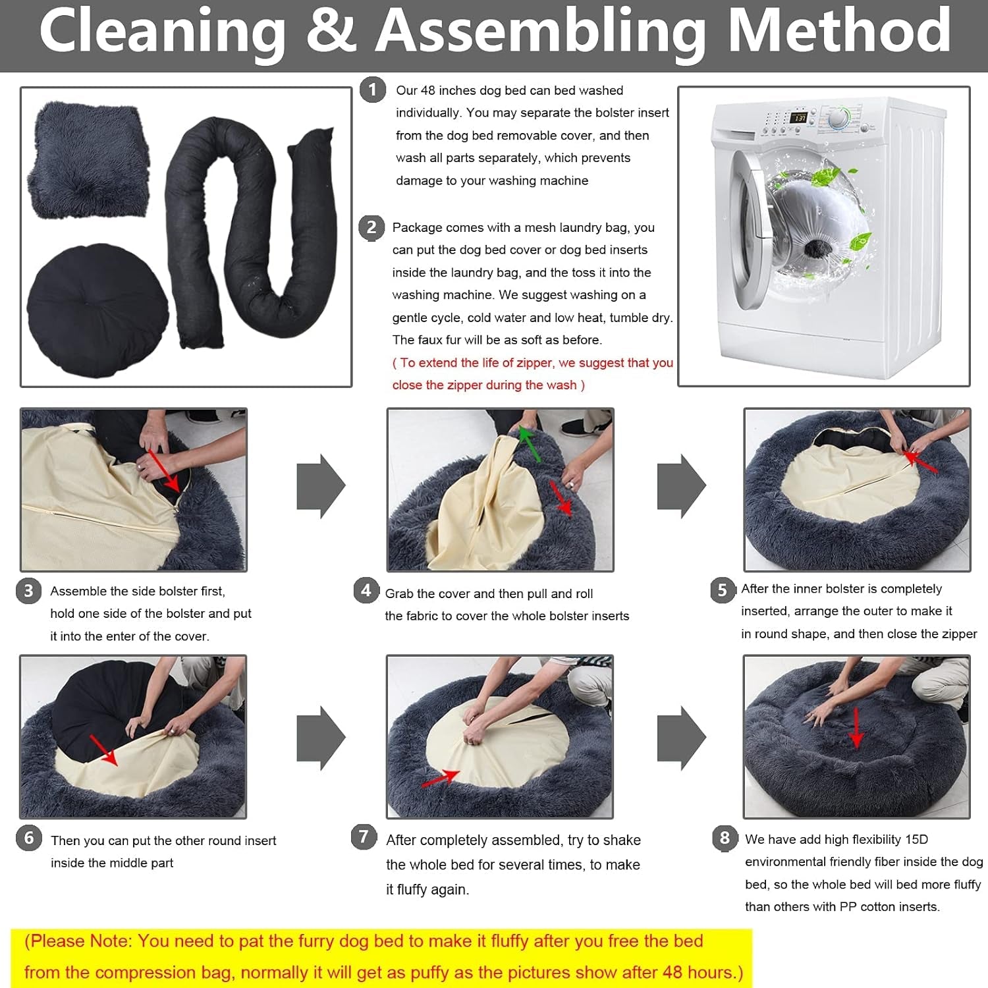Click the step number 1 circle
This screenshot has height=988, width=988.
click(373, 90)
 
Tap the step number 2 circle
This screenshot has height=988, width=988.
click(371, 228)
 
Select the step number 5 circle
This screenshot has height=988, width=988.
click(723, 590)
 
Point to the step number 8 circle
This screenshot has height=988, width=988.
click(725, 838)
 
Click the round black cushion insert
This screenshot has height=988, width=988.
click(97, 310)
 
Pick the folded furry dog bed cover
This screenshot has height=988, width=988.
click(88, 162)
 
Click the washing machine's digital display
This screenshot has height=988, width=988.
click(798, 117)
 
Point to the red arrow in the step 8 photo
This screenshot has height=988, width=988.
click(856, 728)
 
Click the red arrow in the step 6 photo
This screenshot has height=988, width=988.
click(103, 751)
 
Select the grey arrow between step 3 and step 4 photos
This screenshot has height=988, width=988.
click(321, 486)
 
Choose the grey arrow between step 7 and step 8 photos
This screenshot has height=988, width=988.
click(682, 738)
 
